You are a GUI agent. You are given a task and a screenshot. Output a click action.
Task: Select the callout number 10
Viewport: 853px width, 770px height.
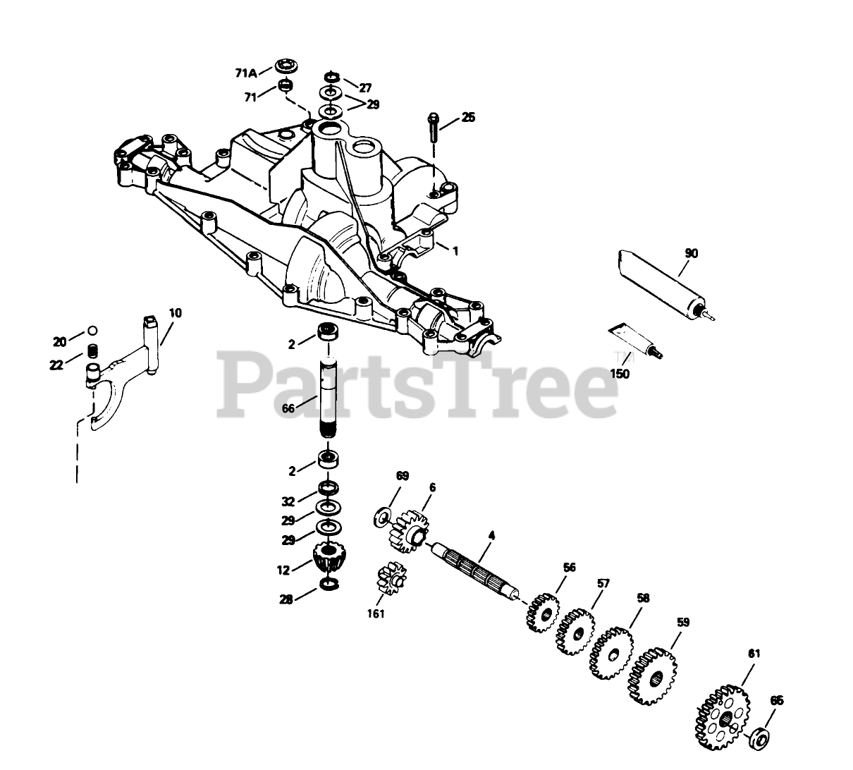click(174, 312)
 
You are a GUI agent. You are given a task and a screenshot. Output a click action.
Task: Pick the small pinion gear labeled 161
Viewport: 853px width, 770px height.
click(389, 579)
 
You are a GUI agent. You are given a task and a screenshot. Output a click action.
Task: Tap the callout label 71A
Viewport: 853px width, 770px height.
click(245, 72)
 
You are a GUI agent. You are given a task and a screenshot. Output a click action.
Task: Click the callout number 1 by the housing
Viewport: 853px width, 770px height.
click(455, 251)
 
